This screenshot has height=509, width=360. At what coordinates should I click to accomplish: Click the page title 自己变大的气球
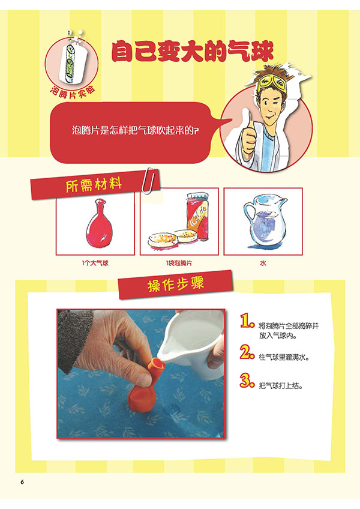tap(192, 52)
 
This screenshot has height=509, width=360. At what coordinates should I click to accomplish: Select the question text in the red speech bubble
tap(135, 131)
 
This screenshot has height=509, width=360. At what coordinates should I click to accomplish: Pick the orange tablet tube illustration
tap(197, 217)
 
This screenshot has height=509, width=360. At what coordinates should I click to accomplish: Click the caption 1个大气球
tap(95, 264)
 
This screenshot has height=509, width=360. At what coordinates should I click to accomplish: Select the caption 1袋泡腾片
tap(179, 264)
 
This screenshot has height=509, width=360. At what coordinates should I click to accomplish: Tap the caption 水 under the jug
tap(263, 264)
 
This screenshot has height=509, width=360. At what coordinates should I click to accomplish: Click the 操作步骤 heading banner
tap(176, 285)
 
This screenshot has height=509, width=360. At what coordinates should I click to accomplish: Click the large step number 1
tap(247, 321)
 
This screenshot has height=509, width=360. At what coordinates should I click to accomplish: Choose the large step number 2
tap(247, 352)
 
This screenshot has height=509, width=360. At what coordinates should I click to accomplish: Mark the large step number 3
tap(247, 381)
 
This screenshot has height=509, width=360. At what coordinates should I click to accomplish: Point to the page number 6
tap(22, 482)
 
